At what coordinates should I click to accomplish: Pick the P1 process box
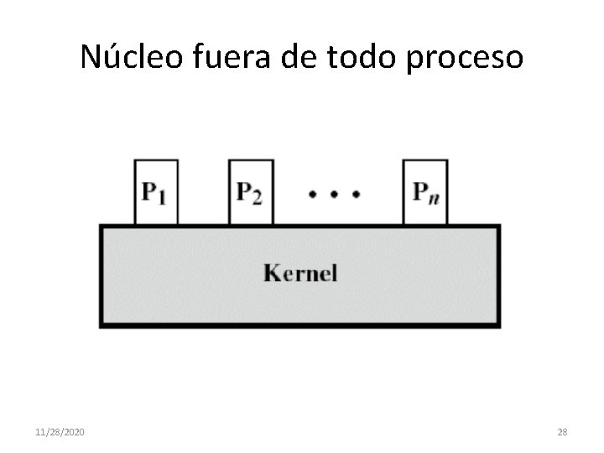click(x=155, y=192)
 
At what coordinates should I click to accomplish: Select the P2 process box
click(x=251, y=192)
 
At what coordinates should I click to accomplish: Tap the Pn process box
click(x=424, y=192)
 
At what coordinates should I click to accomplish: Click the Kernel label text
click(x=299, y=273)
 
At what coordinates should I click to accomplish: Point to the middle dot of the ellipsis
click(x=334, y=194)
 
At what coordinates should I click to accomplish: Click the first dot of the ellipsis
click(x=312, y=194)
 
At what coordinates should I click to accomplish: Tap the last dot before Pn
click(x=356, y=194)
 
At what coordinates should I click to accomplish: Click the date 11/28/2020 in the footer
click(x=60, y=432)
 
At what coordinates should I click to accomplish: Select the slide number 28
click(x=562, y=432)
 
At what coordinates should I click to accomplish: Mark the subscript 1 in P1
click(x=162, y=197)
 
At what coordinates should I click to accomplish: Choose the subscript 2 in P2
click(x=257, y=197)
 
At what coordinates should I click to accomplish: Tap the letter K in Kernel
click(x=272, y=273)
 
